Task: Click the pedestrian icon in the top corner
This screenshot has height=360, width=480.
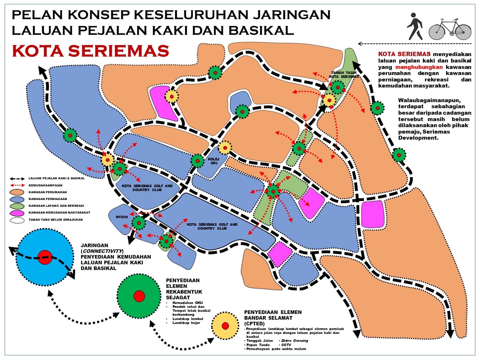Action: pos(414,26)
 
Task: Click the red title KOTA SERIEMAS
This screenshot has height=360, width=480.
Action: pos(90,51)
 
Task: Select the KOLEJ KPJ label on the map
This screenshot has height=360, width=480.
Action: pos(214,161)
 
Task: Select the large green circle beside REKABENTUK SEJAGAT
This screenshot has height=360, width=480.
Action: pos(139,296)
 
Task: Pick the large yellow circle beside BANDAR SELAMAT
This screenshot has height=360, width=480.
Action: pos(225,326)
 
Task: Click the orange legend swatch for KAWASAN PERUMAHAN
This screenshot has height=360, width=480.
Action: pos(17,192)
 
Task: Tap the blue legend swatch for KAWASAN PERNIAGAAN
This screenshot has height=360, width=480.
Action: pos(17,199)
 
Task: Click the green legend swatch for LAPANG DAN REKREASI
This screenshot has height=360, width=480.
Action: pos(17,206)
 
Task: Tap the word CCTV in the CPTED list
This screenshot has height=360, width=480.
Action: pos(286,345)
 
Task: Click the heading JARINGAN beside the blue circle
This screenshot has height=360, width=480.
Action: pos(94,245)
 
